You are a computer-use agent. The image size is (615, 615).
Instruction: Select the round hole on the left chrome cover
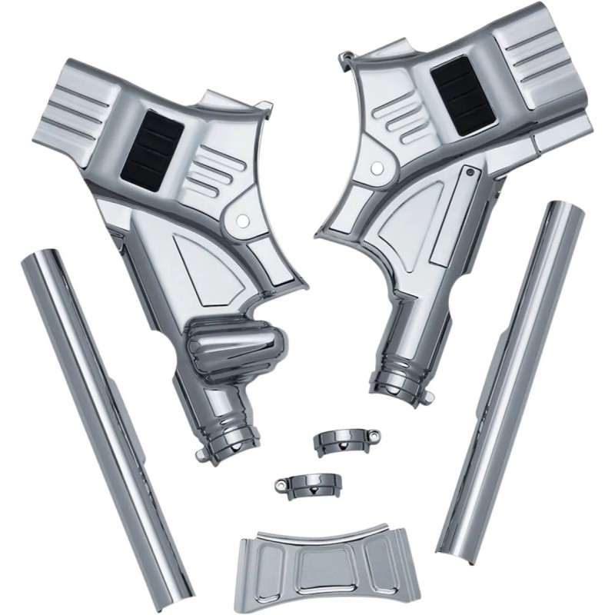(x=241, y=221)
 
